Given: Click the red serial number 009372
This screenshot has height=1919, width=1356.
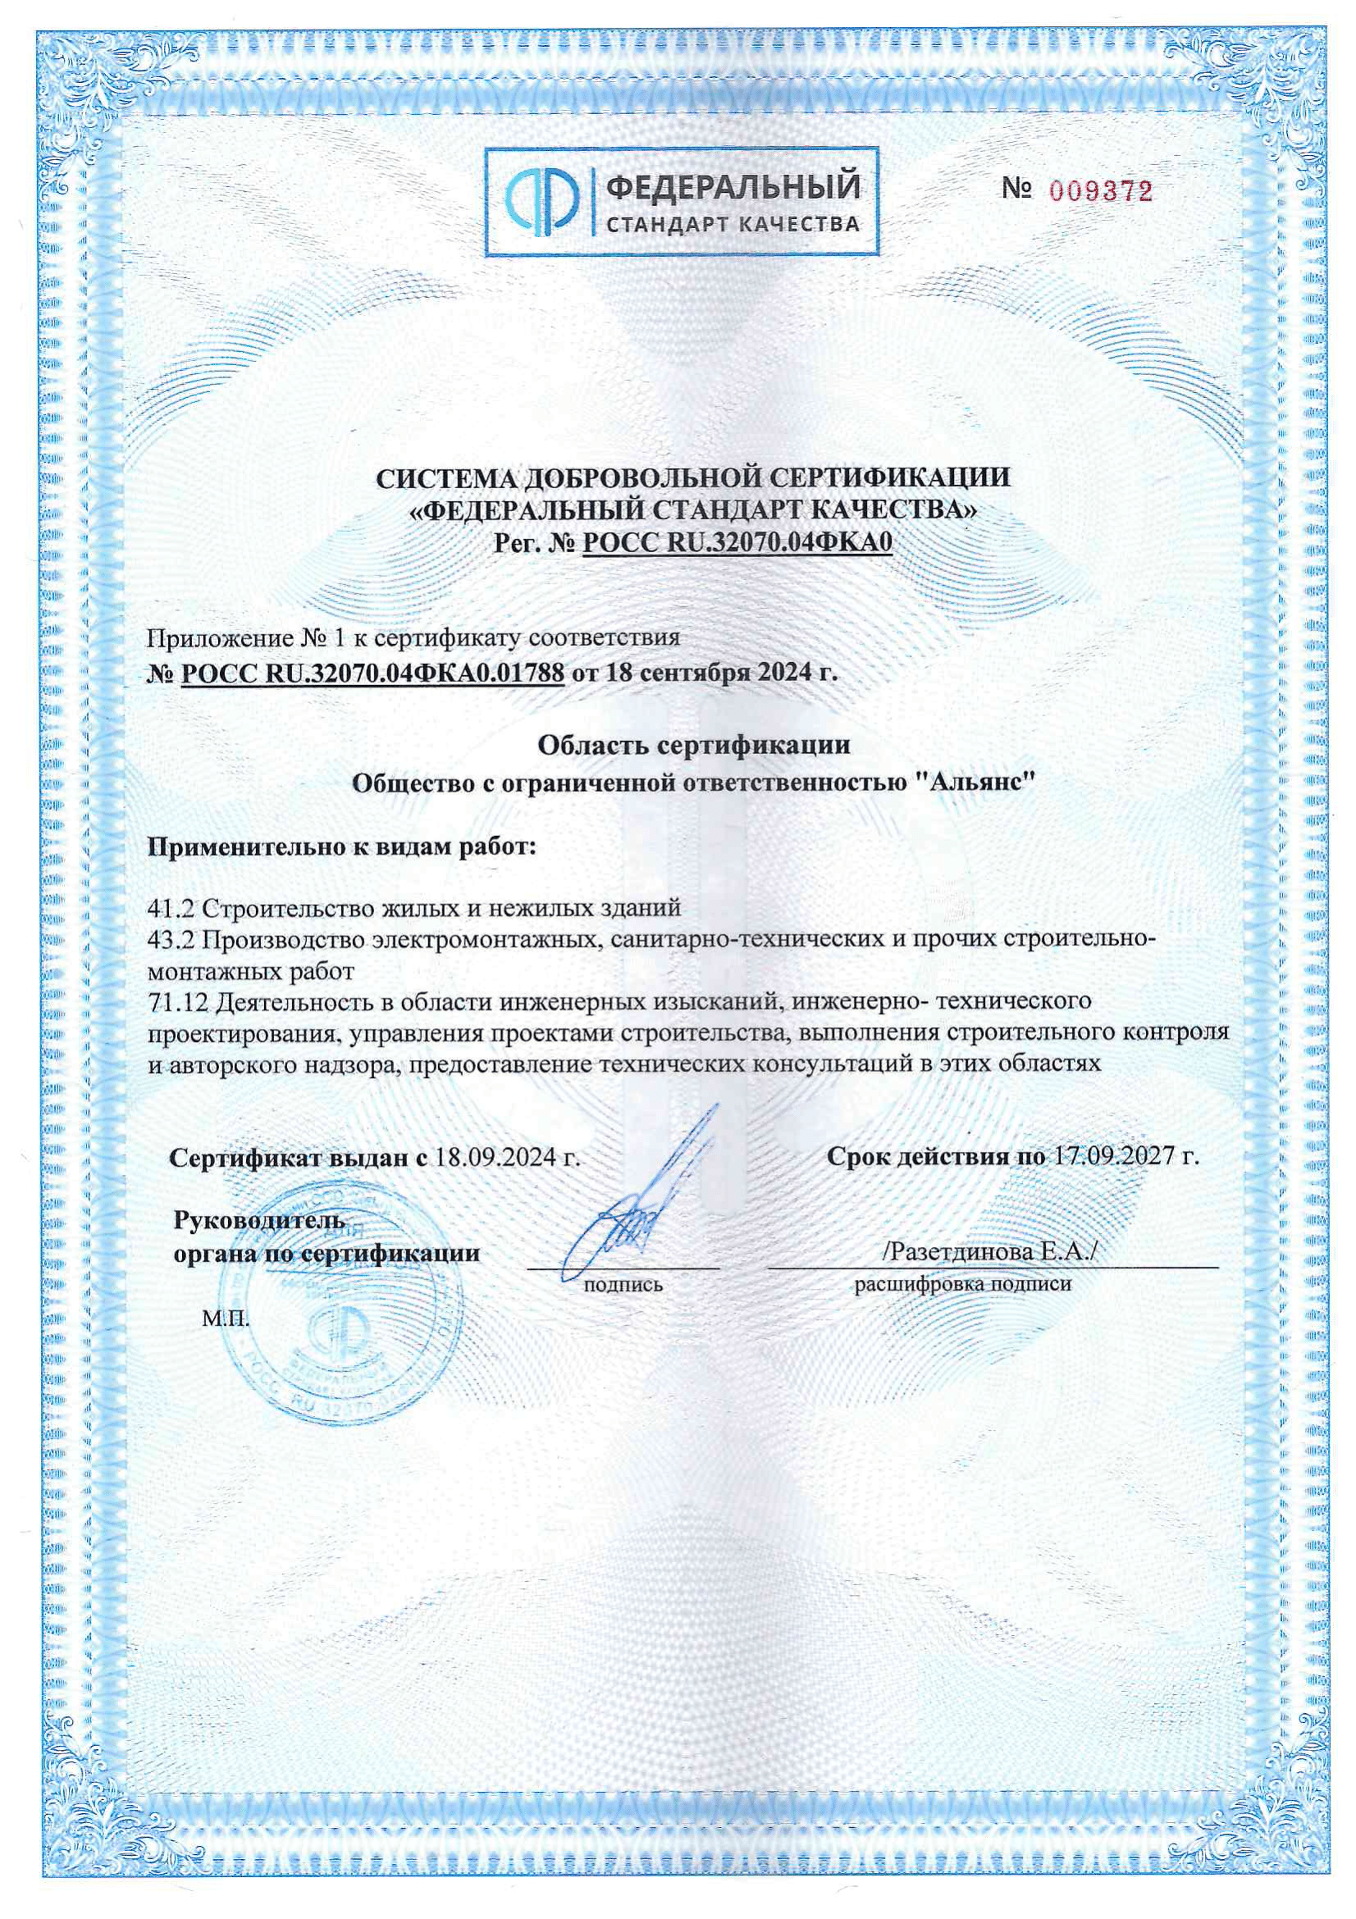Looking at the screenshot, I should pos(1100,192).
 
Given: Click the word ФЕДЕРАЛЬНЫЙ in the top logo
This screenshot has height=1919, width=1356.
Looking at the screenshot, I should pos(732,185).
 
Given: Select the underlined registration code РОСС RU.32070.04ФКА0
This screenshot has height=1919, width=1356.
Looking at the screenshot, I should pos(737,543).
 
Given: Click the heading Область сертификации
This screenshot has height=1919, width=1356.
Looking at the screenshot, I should pos(693,745).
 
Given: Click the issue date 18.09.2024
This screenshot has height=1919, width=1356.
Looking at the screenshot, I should pos(499,1158).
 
